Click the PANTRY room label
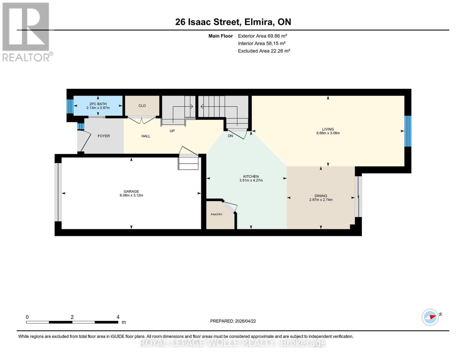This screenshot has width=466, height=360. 216,214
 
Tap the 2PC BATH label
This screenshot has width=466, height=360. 98,104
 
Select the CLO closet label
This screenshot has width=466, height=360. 142,106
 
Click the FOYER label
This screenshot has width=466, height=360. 104,136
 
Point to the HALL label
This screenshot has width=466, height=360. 146,136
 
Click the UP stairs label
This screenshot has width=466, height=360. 172,131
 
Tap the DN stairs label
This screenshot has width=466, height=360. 230,136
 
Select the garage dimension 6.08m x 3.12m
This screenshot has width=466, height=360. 131,195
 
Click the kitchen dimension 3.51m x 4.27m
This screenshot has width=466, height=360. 251,181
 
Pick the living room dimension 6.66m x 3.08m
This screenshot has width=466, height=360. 328,133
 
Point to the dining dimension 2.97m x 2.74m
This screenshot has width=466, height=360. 321,200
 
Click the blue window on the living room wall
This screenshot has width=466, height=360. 407,131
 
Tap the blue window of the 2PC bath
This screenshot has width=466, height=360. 70,106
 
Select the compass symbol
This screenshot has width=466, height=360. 430,317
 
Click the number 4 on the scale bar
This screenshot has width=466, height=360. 118,317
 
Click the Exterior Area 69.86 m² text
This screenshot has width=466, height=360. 262,36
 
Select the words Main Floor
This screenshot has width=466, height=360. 221,36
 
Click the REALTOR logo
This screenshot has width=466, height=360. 26,31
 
